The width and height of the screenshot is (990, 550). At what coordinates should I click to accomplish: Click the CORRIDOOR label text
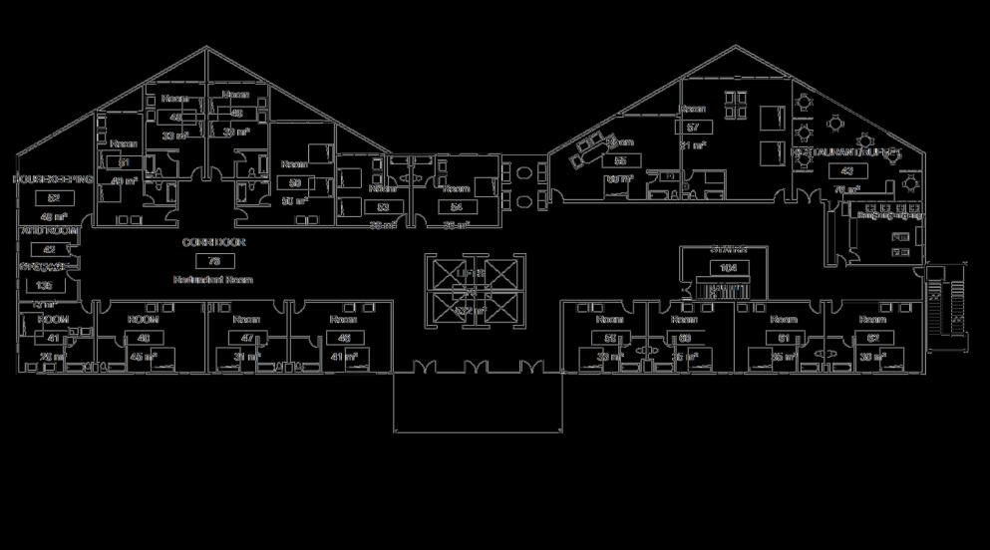[x=213, y=243]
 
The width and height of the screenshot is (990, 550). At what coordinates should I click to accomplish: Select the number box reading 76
[x=213, y=261]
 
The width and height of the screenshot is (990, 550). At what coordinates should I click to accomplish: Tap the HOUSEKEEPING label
[x=53, y=180]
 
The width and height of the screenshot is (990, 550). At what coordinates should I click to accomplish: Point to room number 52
[x=54, y=198]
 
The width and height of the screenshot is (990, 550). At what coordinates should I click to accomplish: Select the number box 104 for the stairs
[x=729, y=268]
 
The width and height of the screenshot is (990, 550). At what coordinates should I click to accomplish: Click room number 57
[x=693, y=128]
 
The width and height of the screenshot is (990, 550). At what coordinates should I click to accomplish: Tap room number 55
[x=620, y=160]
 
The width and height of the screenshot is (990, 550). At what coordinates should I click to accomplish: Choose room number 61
[x=784, y=339]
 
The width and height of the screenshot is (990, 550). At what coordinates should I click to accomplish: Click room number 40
[x=144, y=339]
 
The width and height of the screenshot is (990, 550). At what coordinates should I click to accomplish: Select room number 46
[x=343, y=339]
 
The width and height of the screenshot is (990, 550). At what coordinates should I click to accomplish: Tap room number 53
[x=383, y=207]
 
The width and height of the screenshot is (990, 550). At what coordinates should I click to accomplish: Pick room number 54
[x=456, y=207]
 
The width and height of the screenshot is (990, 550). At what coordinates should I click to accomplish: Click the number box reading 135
[x=45, y=286]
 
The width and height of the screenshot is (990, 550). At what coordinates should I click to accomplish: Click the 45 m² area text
[x=144, y=356]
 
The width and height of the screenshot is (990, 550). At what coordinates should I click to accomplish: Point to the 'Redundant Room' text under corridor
[x=213, y=280]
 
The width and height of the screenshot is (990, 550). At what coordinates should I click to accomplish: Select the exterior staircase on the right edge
[x=948, y=304]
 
